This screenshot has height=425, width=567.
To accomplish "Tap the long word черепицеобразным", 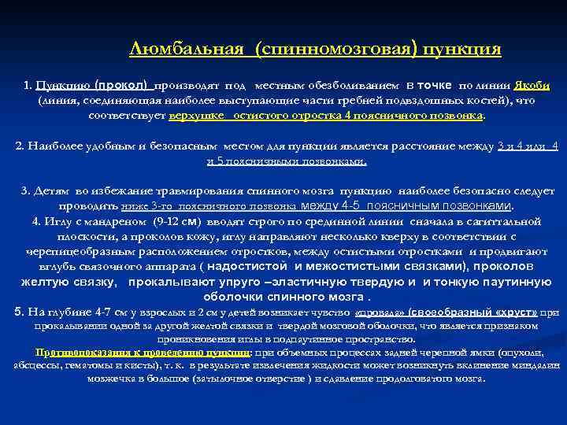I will [x=76, y=252].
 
